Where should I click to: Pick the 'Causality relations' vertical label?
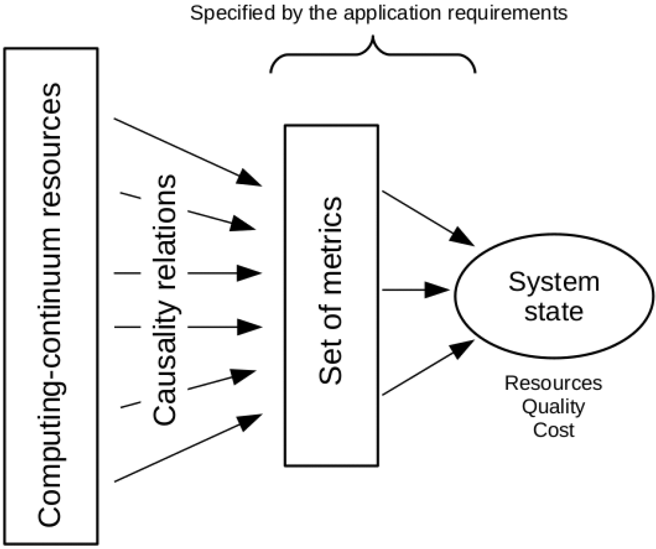pos(164,300)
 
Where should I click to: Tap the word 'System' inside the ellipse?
pos(553,282)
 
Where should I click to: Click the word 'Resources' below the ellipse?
pos(553,383)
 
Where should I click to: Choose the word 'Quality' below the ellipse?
pos(553,407)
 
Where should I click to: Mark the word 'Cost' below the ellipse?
pos(553,430)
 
